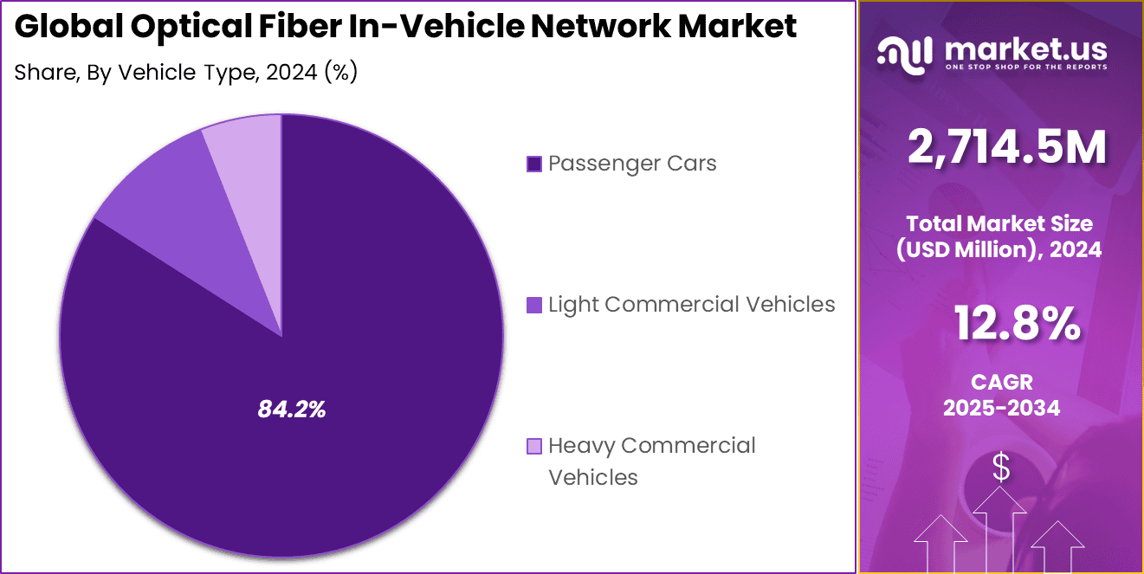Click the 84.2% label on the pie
[291, 410]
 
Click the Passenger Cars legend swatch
[534, 164]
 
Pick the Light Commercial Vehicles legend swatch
[534, 305]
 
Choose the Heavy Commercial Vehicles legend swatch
[534, 446]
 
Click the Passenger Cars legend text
[632, 164]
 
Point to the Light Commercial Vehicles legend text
[691, 305]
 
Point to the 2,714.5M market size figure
[1006, 148]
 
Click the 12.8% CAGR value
[1017, 325]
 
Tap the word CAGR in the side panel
[1002, 382]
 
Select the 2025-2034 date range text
[1002, 408]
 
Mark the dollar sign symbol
[1001, 468]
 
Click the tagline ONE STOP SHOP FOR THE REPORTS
[1026, 67]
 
